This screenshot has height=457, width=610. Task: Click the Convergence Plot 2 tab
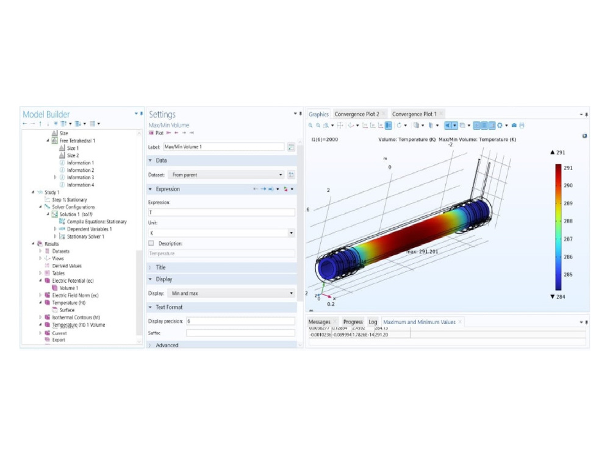tap(357, 114)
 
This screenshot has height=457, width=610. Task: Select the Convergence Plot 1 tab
tap(414, 114)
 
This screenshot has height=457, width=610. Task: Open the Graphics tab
tap(318, 114)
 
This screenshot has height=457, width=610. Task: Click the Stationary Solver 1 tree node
tap(85, 236)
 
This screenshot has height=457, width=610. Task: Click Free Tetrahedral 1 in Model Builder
tap(77, 141)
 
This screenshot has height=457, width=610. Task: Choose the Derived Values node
tap(66, 266)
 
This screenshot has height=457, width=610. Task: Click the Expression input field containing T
tap(221, 212)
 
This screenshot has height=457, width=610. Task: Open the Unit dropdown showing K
tap(221, 233)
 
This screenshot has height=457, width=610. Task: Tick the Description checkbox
tap(151, 243)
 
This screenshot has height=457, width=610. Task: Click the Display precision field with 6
tap(240, 321)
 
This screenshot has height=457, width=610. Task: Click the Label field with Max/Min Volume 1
tap(223, 147)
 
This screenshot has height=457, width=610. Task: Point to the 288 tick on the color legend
tap(567, 221)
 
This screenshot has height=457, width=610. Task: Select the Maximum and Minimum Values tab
tap(419, 322)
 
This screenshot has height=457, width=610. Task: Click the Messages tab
tap(319, 322)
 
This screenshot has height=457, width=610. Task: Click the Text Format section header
tap(169, 307)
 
